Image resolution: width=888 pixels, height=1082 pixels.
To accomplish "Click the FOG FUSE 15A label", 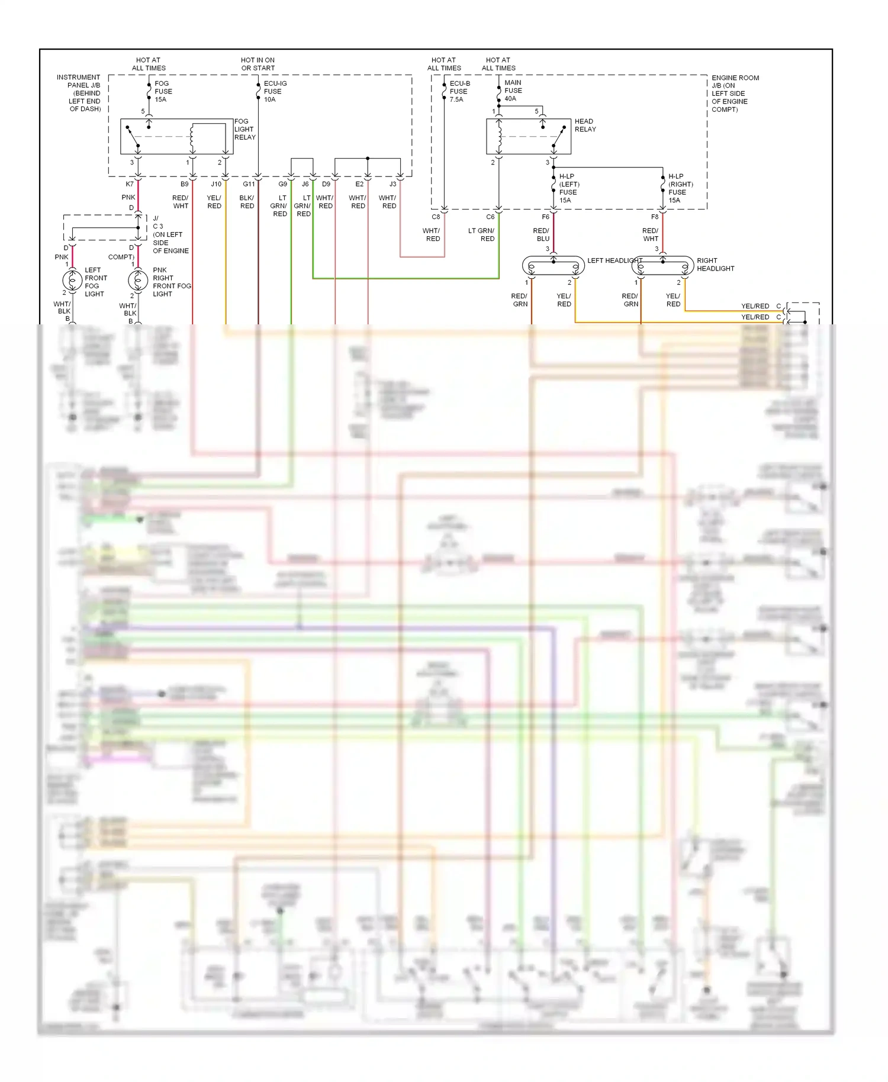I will [x=163, y=91].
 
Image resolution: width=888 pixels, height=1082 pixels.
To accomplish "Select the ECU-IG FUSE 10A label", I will [x=275, y=91].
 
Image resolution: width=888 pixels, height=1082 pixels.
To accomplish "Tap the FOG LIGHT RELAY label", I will [x=244, y=129].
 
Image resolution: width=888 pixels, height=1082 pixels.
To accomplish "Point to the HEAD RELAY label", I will [x=585, y=125].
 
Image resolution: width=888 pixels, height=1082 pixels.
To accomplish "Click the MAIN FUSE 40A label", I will [x=513, y=91].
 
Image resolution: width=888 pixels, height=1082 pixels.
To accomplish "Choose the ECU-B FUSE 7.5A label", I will [x=459, y=91].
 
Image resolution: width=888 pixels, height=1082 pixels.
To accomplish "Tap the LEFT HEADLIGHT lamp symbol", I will [x=554, y=266].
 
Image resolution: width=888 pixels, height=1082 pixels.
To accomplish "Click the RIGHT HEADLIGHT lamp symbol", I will [x=662, y=266].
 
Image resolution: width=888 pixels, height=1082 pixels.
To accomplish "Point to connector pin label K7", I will [x=130, y=184].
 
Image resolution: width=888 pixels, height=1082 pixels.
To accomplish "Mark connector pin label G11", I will [x=249, y=184].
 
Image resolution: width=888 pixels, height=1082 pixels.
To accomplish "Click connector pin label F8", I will [x=655, y=217].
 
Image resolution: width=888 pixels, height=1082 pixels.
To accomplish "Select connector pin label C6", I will [x=490, y=217].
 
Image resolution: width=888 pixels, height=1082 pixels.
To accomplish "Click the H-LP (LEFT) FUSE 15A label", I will [x=568, y=188].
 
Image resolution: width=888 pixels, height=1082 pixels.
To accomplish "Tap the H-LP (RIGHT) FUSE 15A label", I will [x=680, y=188].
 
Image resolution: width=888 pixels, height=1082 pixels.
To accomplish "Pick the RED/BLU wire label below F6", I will [x=542, y=235].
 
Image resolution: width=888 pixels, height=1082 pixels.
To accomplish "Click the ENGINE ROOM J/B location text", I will [x=734, y=94].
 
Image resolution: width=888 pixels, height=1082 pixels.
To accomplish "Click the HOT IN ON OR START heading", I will [x=258, y=64].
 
